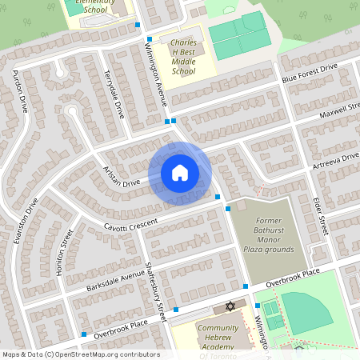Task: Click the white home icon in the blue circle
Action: [180, 172]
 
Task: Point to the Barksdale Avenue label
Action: [110, 280]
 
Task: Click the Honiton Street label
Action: [63, 253]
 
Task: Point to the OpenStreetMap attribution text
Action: [81, 354]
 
